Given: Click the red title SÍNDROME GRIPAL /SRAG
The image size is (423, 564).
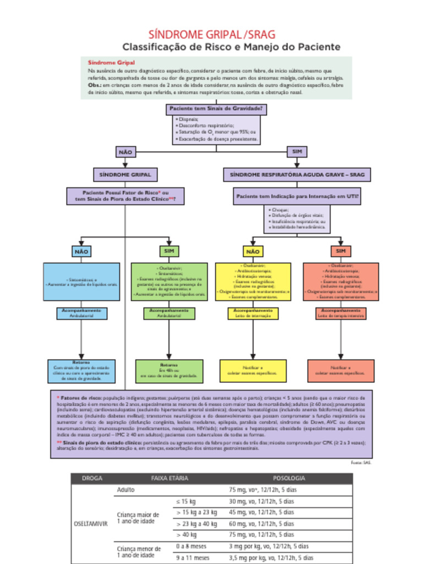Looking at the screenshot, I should pos(213,35).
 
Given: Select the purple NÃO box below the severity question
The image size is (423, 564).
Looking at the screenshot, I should pos(126,152).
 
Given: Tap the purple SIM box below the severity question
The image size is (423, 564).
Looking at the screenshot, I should pos(297,152).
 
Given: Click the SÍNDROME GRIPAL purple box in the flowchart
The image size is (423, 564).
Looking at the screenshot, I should pos(125,175).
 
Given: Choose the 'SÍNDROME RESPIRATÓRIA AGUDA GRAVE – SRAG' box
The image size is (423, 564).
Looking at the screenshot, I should pos(297,175).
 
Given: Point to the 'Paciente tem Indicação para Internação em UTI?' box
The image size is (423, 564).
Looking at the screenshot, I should pos(297,196).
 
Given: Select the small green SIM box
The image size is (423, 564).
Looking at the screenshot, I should pos(169,252).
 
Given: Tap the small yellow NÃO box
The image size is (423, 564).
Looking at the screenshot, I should pos(253,252).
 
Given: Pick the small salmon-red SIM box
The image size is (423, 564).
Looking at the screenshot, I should pos(340,252).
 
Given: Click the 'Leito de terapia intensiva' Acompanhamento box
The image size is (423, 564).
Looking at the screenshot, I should pos(340,313).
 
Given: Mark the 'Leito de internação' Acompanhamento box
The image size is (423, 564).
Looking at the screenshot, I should pos(253,313).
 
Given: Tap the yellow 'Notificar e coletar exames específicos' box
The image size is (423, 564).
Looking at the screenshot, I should pos(253,371).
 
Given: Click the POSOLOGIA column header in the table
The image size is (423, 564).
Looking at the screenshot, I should pos(289,478).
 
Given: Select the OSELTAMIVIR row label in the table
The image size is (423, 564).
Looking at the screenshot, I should pos(91,524).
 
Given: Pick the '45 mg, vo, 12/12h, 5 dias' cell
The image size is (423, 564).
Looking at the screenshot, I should pos(262,512).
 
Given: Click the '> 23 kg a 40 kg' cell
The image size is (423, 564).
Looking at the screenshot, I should pos(197,524).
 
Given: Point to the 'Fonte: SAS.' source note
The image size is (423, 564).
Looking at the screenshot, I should pos(361,463).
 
